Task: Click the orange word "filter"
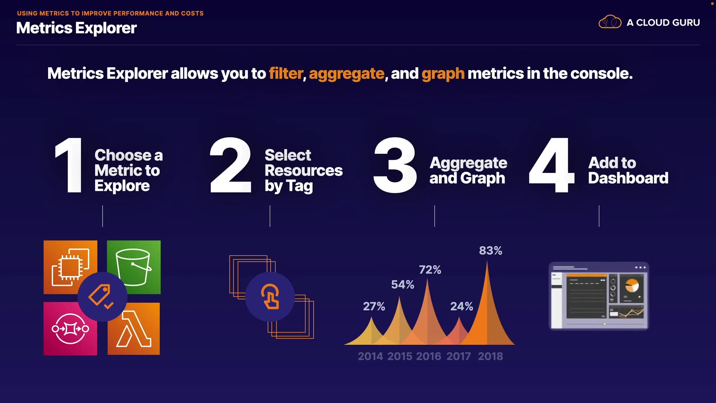pyautogui.click(x=286, y=74)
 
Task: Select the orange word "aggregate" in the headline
pyautogui.click(x=346, y=74)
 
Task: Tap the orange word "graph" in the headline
pyautogui.click(x=443, y=74)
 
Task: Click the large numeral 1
pyautogui.click(x=69, y=165)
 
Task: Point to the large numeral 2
pyautogui.click(x=230, y=165)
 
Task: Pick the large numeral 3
pyautogui.click(x=395, y=165)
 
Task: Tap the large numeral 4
pyautogui.click(x=552, y=165)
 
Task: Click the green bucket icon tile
pyautogui.click(x=134, y=267)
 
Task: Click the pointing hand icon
pyautogui.click(x=270, y=297)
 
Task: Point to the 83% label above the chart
pyautogui.click(x=490, y=251)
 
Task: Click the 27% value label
pyautogui.click(x=374, y=307)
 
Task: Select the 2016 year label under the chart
pyautogui.click(x=428, y=356)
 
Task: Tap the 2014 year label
pyautogui.click(x=370, y=356)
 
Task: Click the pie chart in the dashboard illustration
pyautogui.click(x=632, y=286)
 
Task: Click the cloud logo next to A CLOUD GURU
pyautogui.click(x=610, y=22)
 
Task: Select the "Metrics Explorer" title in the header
pyautogui.click(x=76, y=28)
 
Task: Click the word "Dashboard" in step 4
pyautogui.click(x=628, y=178)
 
